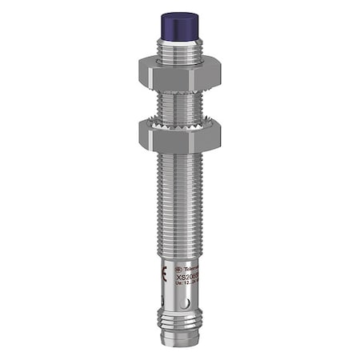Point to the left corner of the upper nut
[x=141, y=70]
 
